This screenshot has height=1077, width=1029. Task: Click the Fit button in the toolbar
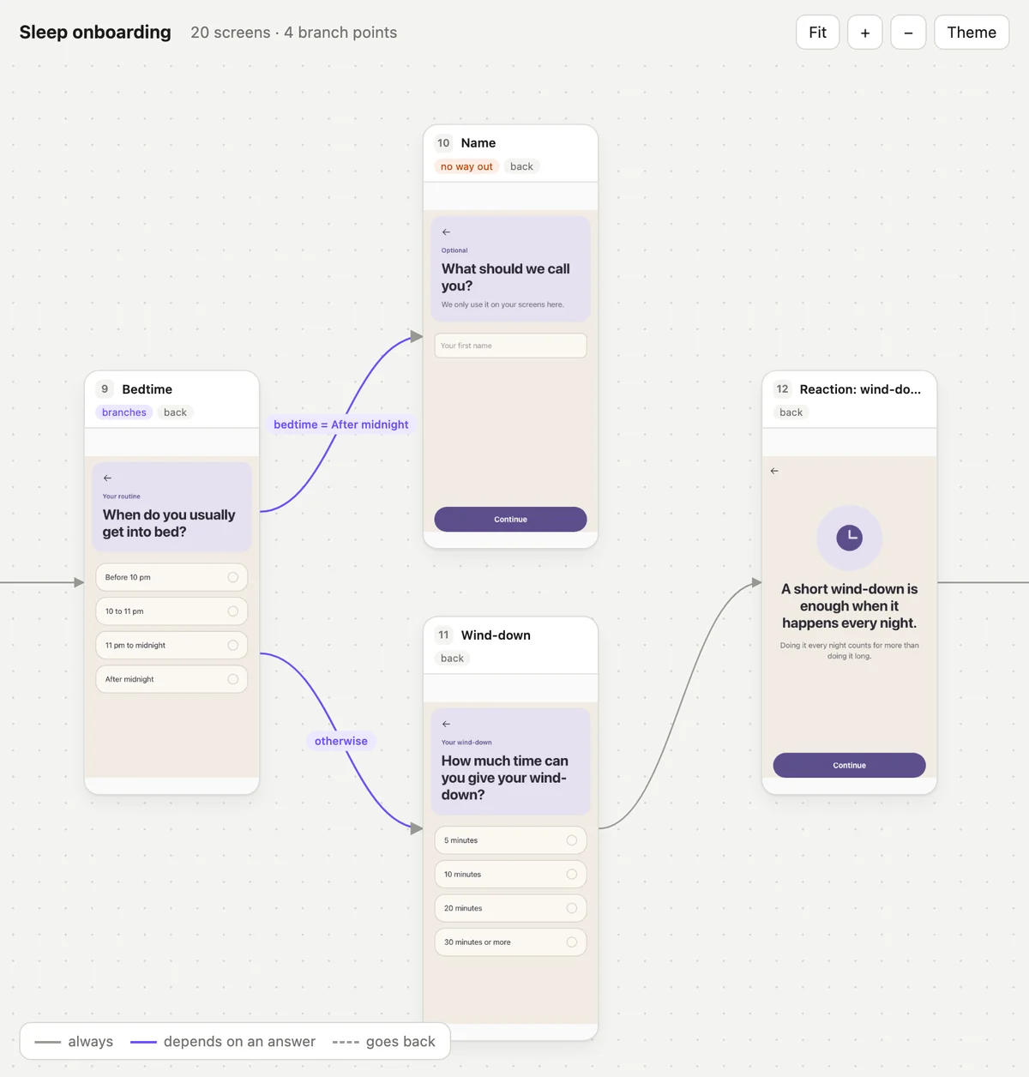[x=817, y=32]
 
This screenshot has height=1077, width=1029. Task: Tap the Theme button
[x=972, y=32]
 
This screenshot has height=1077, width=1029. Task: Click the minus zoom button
[x=908, y=32]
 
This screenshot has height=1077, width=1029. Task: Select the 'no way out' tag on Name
[x=466, y=166]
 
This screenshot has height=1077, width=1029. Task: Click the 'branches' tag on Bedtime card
[x=124, y=412]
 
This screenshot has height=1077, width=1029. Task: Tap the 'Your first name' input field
[x=510, y=346]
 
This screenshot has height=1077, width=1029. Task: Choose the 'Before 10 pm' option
[x=171, y=577]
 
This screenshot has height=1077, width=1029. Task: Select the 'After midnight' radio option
[x=171, y=679]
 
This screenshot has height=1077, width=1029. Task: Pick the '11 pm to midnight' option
[x=171, y=646]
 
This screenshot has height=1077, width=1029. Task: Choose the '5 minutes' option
[x=510, y=840]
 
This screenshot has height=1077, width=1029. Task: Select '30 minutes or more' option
[x=510, y=942]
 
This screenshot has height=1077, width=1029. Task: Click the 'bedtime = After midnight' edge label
[x=341, y=424]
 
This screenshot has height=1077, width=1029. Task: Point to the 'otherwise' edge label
[x=341, y=741]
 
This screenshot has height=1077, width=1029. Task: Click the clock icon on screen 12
[x=849, y=538]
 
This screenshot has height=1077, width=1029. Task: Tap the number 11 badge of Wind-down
[x=443, y=635]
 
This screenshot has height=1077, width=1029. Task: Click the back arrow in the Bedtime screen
[x=107, y=478]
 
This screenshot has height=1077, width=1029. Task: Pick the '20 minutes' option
[x=510, y=908]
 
